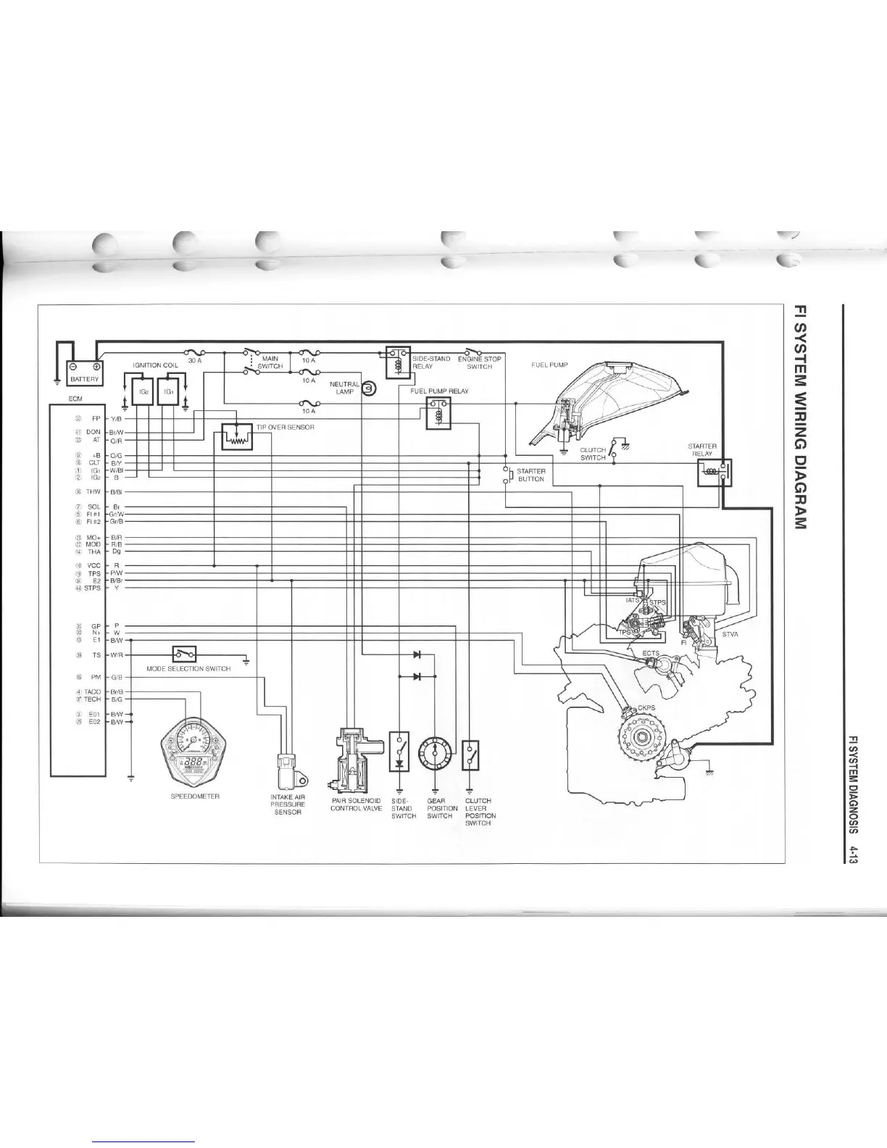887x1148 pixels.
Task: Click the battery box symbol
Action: click(x=85, y=373)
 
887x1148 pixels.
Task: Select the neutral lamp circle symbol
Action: click(x=368, y=389)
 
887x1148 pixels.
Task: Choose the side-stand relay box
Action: click(x=398, y=362)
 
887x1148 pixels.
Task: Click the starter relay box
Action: click(x=714, y=473)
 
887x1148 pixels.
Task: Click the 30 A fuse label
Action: click(x=194, y=360)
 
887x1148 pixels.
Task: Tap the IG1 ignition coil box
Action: click(x=168, y=391)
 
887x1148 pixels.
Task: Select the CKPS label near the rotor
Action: click(x=646, y=708)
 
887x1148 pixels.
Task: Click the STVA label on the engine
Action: click(x=730, y=635)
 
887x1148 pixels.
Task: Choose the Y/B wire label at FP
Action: click(x=116, y=419)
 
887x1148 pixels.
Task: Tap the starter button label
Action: click(x=531, y=475)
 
